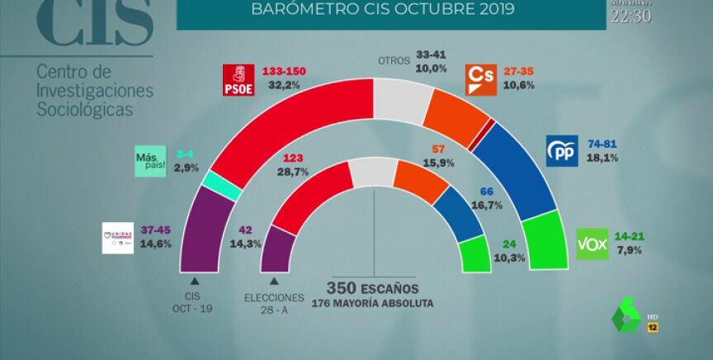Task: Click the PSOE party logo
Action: (239, 80)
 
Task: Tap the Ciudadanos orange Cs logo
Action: (480, 79)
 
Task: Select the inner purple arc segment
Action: (278, 248)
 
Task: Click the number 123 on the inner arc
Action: (295, 157)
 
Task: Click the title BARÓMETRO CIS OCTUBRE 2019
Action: (382, 11)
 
